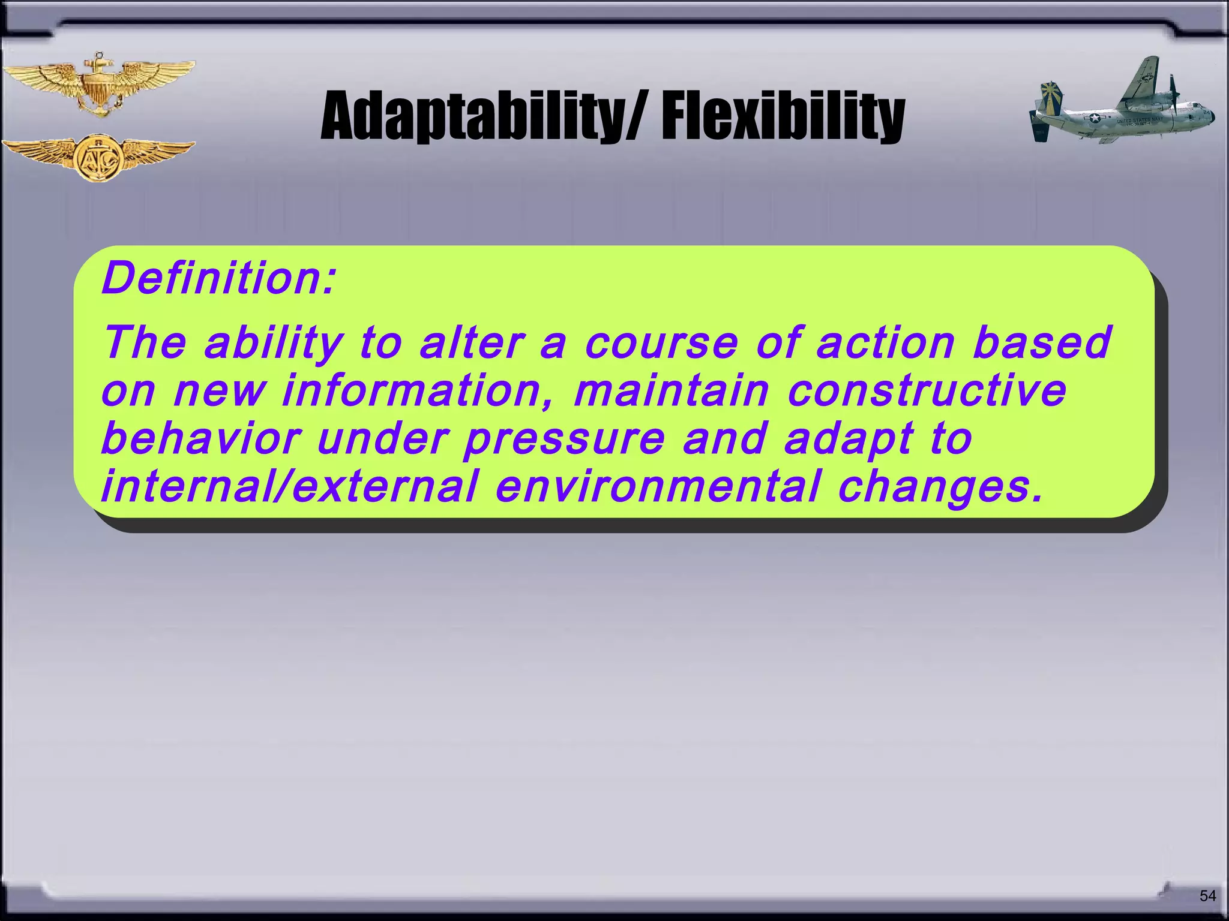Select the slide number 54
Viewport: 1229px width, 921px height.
[1207, 896]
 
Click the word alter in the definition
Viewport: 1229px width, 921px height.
[471, 343]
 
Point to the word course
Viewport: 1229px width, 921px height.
[661, 343]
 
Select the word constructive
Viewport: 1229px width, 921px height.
[927, 391]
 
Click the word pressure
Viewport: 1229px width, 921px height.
[564, 440]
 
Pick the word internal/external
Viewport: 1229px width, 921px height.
[289, 486]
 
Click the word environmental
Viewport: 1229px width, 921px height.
[658, 486]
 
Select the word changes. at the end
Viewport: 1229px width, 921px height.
[940, 487]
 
